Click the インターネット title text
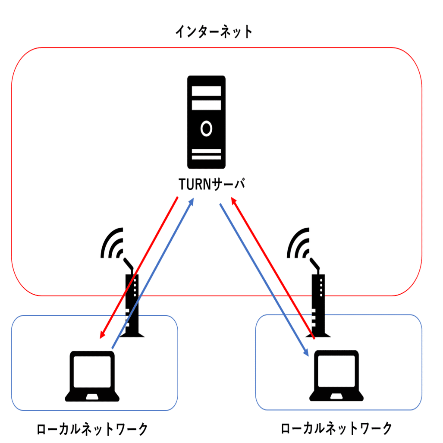click(x=214, y=32)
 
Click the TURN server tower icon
click(x=206, y=122)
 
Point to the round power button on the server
click(x=206, y=128)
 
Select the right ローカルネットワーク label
click(x=337, y=428)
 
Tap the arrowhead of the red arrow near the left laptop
click(x=102, y=335)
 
